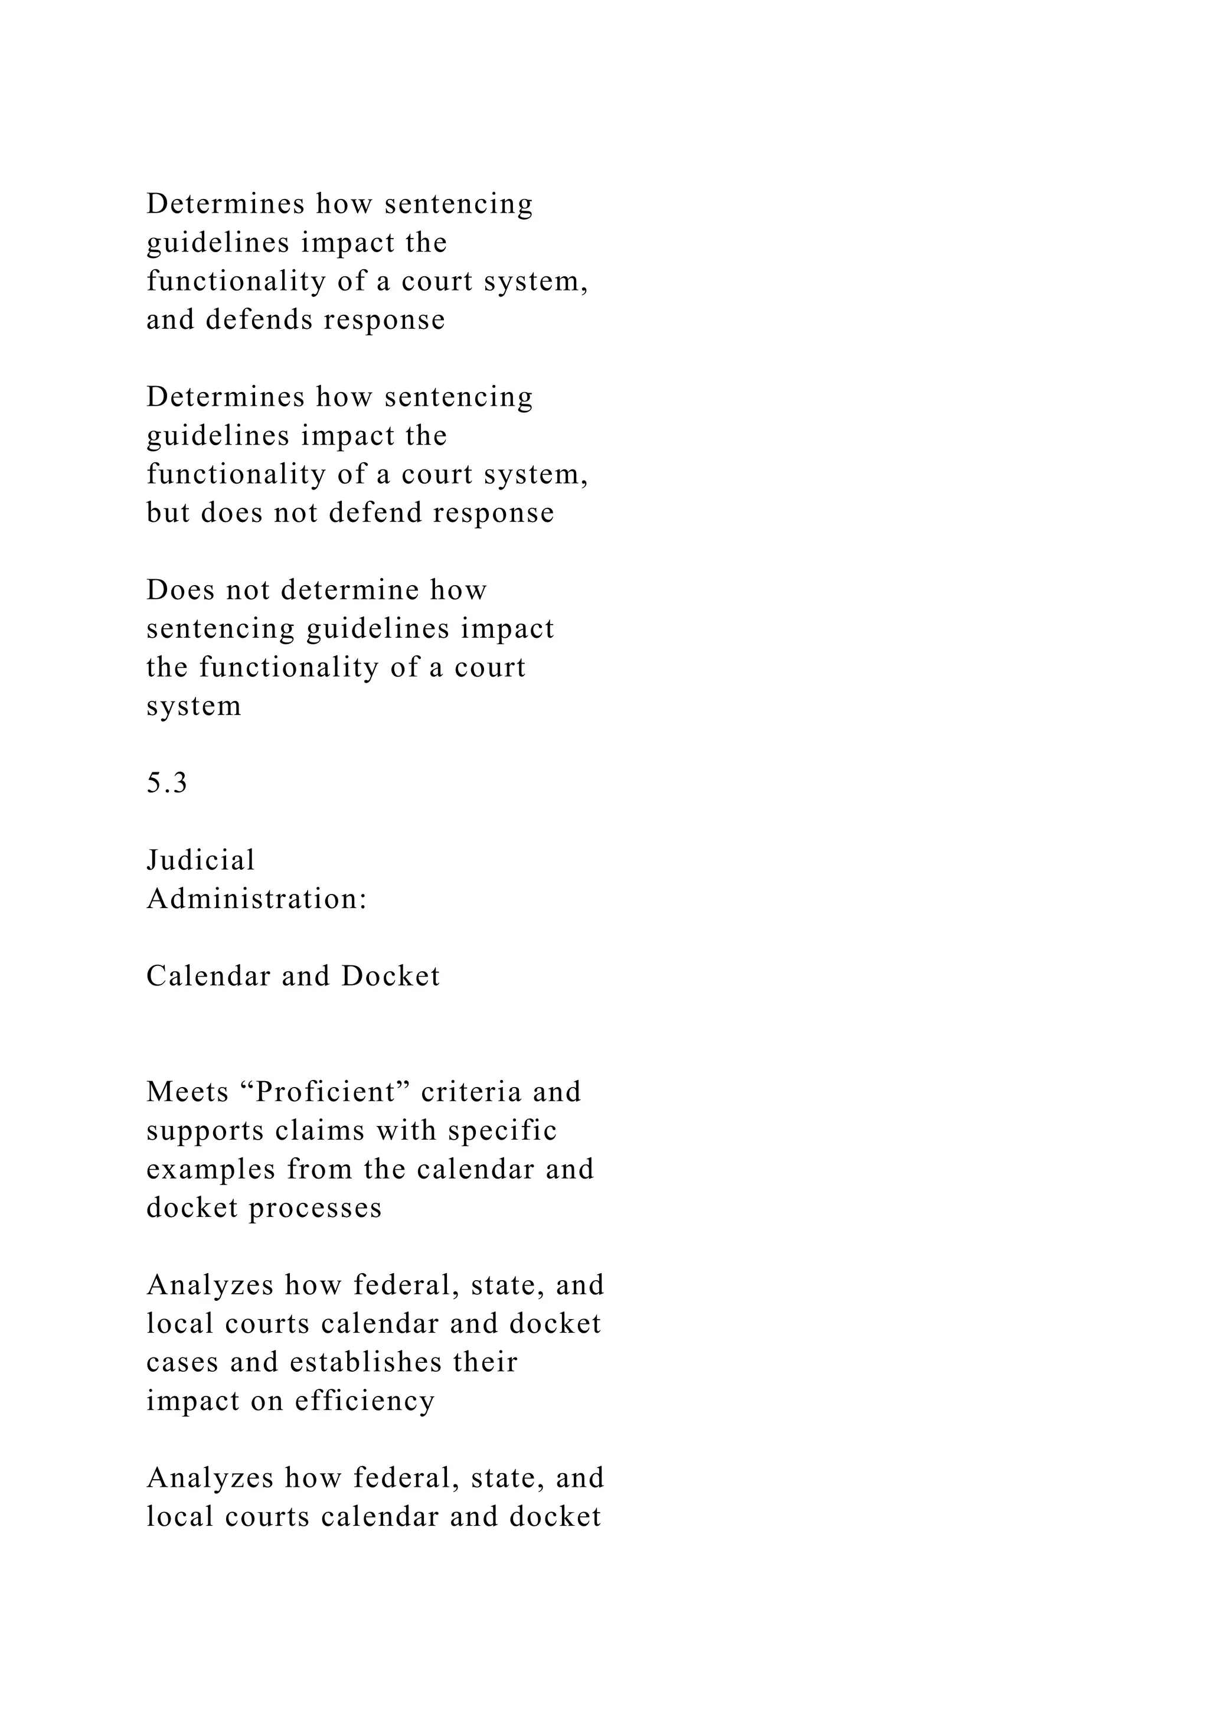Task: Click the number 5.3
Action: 166,783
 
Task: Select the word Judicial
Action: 201,860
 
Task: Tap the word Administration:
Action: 257,899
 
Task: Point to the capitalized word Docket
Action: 391,977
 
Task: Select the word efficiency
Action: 365,1401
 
